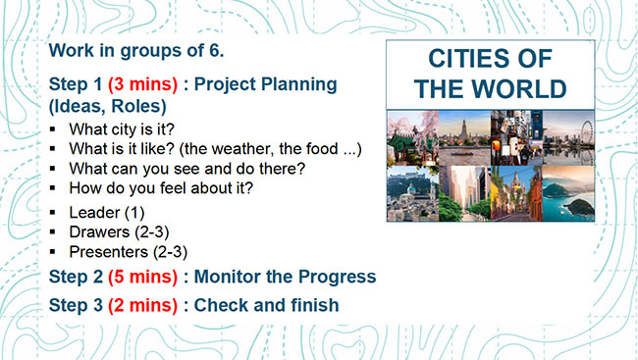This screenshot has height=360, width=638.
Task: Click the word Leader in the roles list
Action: coord(95,211)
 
